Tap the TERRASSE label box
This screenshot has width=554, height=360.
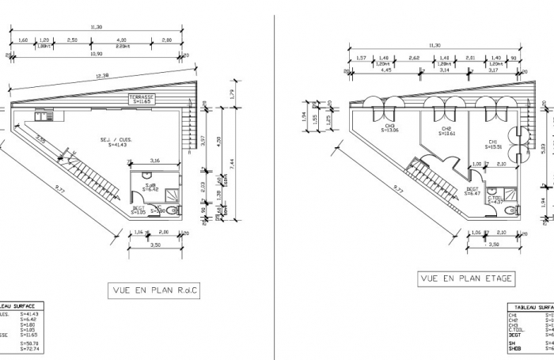tap(142, 99)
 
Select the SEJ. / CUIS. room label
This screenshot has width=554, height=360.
tap(120, 139)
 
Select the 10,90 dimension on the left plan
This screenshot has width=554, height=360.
tap(97, 55)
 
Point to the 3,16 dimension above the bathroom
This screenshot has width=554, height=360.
tap(154, 161)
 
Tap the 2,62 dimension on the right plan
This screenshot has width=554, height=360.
tap(414, 58)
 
